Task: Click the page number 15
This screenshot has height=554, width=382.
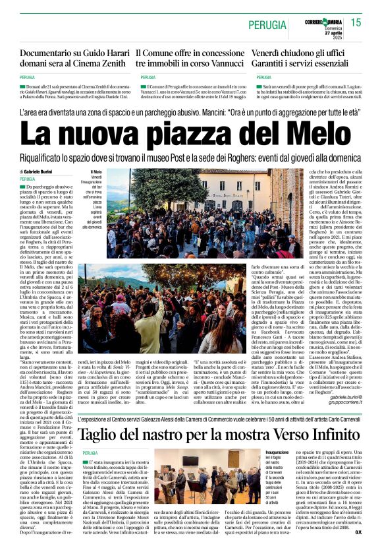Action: [356, 23]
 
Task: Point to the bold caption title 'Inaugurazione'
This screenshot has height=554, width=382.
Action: [278, 452]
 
